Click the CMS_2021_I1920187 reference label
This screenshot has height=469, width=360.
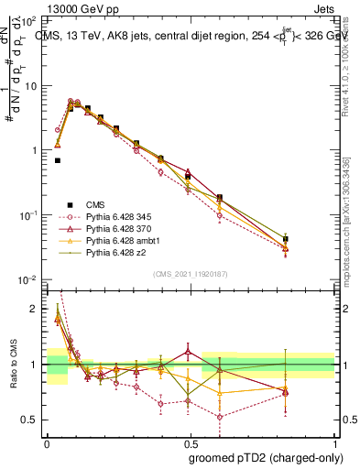point(183,273)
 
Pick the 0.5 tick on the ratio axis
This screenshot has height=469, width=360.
point(29,420)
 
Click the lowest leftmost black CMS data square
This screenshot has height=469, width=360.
point(58,160)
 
